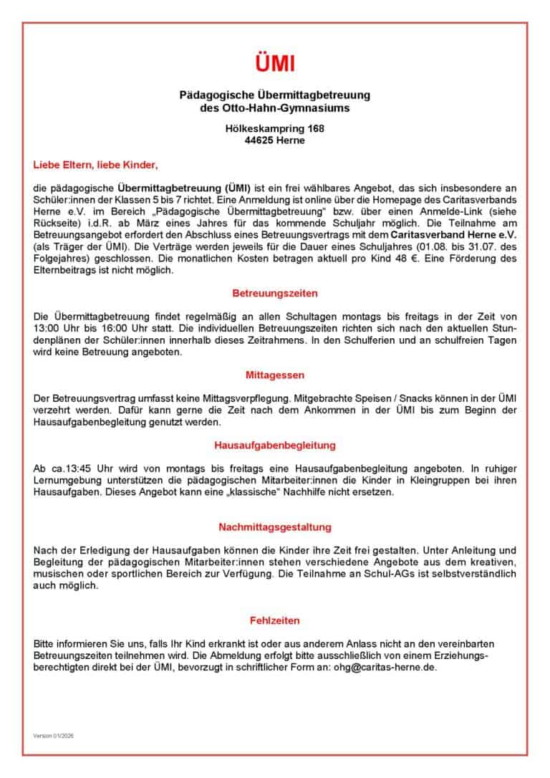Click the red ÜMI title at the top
click(275, 63)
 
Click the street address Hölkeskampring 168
click(275, 129)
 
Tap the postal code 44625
click(259, 140)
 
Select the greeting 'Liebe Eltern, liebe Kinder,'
click(95, 165)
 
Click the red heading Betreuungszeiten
click(275, 294)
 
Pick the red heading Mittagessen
click(275, 375)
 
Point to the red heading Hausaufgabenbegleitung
click(275, 445)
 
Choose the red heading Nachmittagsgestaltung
click(275, 527)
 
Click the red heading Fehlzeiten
click(275, 620)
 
